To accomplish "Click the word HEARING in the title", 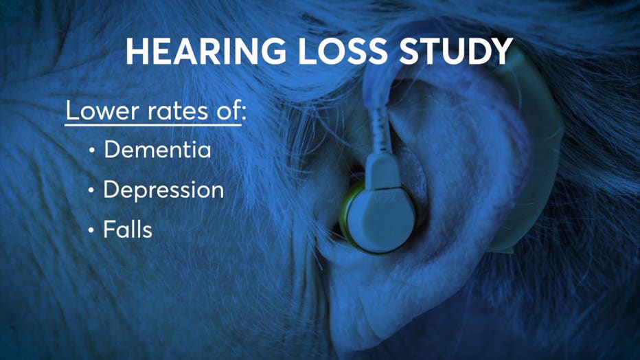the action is pyautogui.click(x=206, y=52).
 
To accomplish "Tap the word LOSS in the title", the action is pyautogui.click(x=342, y=52).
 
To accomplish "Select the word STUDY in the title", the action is pyautogui.click(x=455, y=52).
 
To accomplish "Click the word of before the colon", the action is pyautogui.click(x=228, y=110).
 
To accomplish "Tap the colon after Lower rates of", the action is pyautogui.click(x=244, y=114).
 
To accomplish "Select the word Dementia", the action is pyautogui.click(x=157, y=149).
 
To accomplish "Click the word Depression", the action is pyautogui.click(x=163, y=190).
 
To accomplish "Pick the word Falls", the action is pyautogui.click(x=128, y=229).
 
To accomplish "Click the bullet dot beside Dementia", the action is pyautogui.click(x=92, y=150).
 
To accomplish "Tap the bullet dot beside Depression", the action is pyautogui.click(x=91, y=190).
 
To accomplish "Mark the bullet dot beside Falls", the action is pyautogui.click(x=91, y=230).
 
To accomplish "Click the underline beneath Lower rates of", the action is pyautogui.click(x=153, y=124).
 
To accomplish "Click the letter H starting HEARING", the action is pyautogui.click(x=137, y=52).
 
